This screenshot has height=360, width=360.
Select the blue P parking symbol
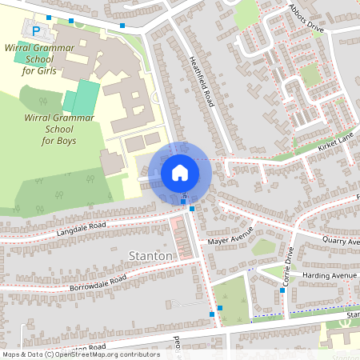[x=36, y=30]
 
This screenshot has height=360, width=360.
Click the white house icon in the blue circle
[x=180, y=172]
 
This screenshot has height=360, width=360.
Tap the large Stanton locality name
[x=150, y=256]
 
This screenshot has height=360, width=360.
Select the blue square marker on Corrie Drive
[x=282, y=290]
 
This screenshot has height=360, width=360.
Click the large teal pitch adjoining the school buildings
[x=82, y=97]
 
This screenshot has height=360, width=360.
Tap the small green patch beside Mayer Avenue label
[x=265, y=247]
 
